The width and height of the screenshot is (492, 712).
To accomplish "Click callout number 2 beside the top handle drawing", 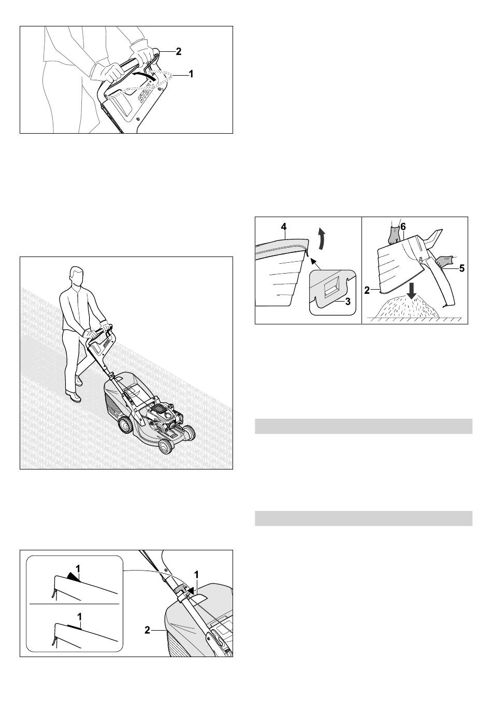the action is click(x=179, y=51).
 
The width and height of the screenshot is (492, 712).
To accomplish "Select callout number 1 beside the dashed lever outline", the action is click(x=191, y=74).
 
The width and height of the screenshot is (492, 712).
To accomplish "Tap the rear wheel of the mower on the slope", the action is click(x=125, y=425).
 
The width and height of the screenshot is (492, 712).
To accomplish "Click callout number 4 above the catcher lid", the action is click(x=284, y=227).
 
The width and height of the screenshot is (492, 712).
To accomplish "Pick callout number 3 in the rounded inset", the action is click(x=348, y=301).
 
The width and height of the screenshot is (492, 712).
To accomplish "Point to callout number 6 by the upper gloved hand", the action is click(x=403, y=227).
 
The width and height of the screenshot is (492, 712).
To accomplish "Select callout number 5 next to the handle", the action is click(x=461, y=268).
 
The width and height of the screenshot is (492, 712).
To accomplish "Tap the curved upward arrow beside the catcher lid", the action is click(x=322, y=239).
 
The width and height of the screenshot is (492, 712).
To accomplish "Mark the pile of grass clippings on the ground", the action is click(x=408, y=307).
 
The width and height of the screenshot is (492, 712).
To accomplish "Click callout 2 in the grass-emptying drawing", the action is click(x=367, y=290).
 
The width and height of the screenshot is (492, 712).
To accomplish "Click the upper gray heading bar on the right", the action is click(x=364, y=426).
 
